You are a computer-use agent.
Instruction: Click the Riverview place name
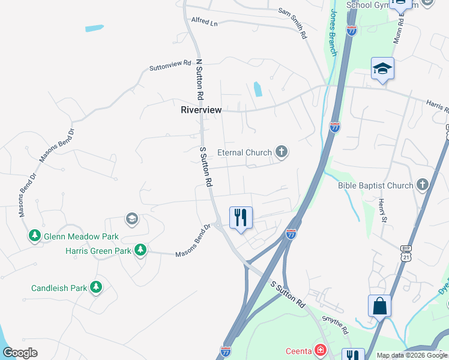[x=201, y=110]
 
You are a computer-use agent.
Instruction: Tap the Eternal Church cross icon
[x=281, y=152]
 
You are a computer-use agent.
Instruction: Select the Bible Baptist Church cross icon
[x=423, y=185]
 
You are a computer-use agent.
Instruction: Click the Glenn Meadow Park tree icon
[x=35, y=236]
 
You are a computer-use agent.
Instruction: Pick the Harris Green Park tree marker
[x=140, y=250]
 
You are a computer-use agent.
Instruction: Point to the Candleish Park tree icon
[x=95, y=288]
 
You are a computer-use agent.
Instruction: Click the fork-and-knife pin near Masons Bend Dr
[x=241, y=217]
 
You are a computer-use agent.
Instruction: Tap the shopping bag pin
[x=379, y=306]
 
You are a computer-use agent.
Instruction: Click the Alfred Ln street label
[x=204, y=23]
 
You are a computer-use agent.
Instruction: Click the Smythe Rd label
[x=335, y=324]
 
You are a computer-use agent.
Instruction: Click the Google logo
[x=20, y=353]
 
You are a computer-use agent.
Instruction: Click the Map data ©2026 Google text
[x=411, y=355]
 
